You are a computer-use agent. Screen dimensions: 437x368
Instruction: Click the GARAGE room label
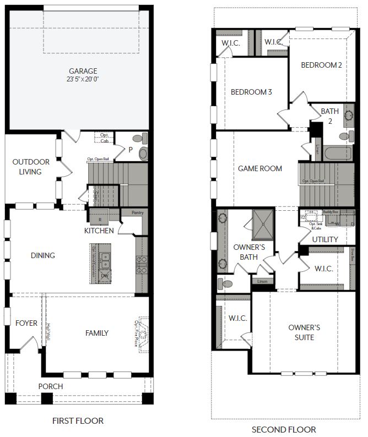pyautogui.click(x=83, y=71)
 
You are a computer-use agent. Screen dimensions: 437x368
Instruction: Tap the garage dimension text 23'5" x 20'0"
pyautogui.click(x=83, y=79)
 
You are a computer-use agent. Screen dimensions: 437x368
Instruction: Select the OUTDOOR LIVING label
pyautogui.click(x=31, y=167)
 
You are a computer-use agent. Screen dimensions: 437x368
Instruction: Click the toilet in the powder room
pyautogui.click(x=143, y=153)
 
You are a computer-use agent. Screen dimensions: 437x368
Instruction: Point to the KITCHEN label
pyautogui.click(x=99, y=231)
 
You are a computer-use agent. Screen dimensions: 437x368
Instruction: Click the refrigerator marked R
pyautogui.click(x=100, y=219)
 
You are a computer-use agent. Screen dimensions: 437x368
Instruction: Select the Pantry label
pyautogui.click(x=137, y=212)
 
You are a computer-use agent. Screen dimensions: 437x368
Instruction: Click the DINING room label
pyautogui.click(x=42, y=255)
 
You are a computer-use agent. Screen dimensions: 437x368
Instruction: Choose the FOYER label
pyautogui.click(x=26, y=323)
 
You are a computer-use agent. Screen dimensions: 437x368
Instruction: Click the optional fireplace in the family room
pyautogui.click(x=143, y=333)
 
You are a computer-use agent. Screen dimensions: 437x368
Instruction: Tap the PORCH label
pyautogui.click(x=50, y=386)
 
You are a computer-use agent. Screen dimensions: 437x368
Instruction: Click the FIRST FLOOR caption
pyautogui.click(x=78, y=421)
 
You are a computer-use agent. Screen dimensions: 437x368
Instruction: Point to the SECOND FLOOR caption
pyautogui.click(x=284, y=429)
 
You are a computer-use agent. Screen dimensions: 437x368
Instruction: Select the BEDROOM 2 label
pyautogui.click(x=321, y=65)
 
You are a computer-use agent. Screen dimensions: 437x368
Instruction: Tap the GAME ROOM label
pyautogui.click(x=259, y=168)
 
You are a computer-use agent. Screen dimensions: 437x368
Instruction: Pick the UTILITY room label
pyautogui.click(x=324, y=240)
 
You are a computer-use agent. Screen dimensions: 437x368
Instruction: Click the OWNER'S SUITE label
pyautogui.click(x=304, y=332)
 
